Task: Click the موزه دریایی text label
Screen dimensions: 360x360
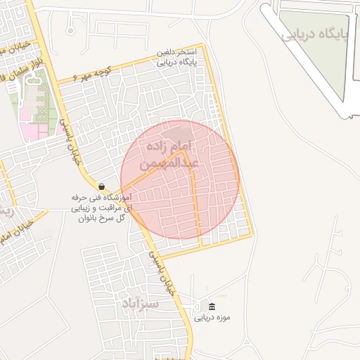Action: [212, 318]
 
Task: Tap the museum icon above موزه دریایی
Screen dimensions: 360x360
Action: [212, 307]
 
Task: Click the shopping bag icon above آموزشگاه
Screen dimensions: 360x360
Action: [102, 186]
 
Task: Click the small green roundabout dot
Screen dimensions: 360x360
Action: [70, 30]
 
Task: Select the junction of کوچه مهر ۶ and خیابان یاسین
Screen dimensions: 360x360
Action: [58, 84]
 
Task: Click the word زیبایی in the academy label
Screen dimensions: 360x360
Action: [83, 208]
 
